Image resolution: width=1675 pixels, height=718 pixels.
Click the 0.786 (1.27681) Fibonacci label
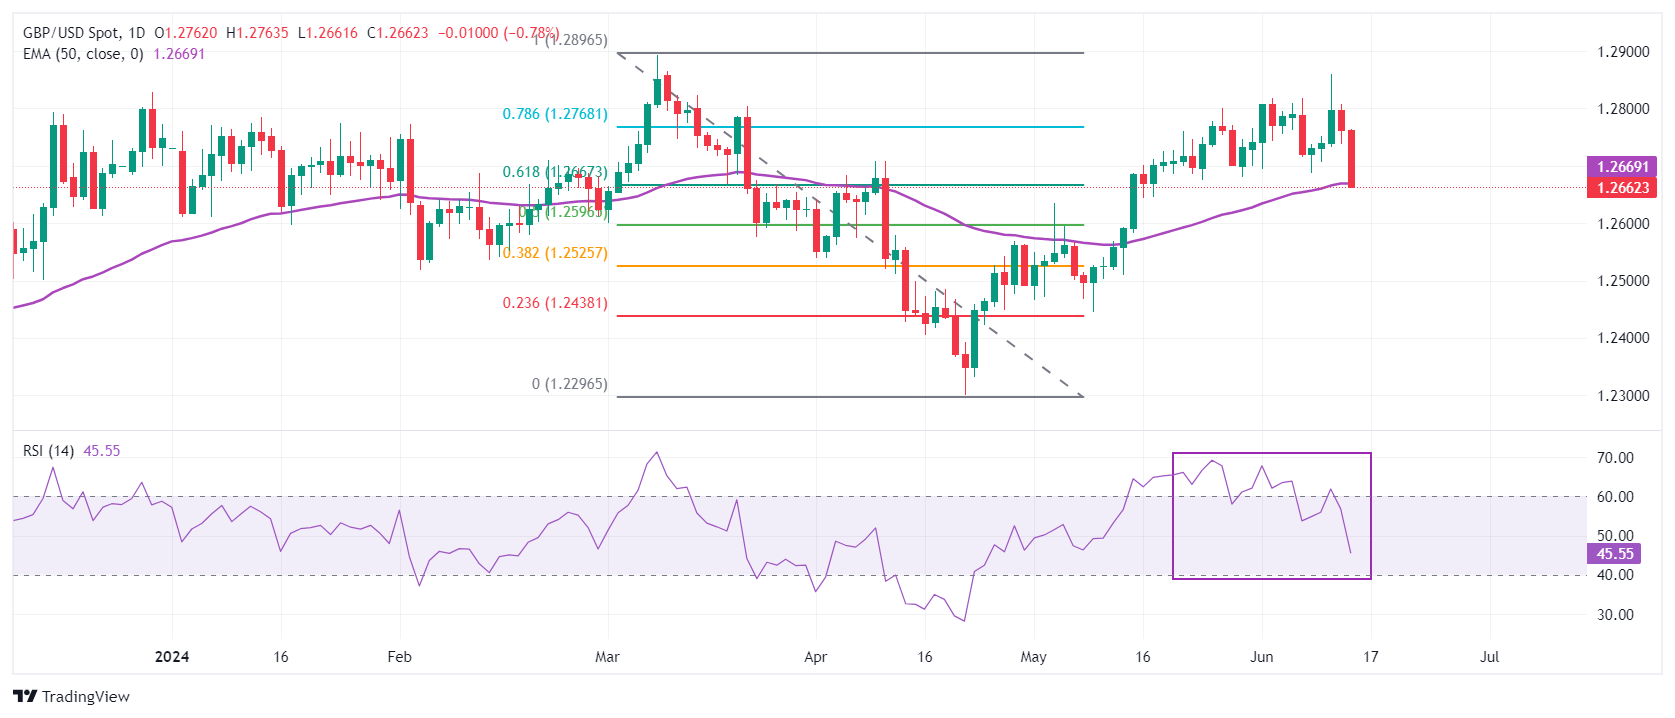click(555, 114)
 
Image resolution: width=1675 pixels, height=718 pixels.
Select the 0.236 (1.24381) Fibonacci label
click(555, 303)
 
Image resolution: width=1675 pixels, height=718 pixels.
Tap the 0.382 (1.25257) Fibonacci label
click(555, 253)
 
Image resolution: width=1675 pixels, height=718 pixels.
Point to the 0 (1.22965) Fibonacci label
click(569, 384)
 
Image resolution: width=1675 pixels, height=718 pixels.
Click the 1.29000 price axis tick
click(1623, 52)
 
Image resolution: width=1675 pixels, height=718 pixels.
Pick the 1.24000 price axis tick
click(1623, 338)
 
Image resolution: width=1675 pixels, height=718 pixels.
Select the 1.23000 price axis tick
click(1623, 396)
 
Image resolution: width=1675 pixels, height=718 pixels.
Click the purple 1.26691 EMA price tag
click(1622, 167)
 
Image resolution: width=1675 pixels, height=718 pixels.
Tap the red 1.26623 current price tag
click(1622, 188)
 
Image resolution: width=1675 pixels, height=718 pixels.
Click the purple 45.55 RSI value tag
click(1614, 554)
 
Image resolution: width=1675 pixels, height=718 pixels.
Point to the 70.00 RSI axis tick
click(1615, 458)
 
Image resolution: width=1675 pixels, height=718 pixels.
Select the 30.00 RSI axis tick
click(1615, 615)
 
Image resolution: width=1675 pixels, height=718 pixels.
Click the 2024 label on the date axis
click(172, 657)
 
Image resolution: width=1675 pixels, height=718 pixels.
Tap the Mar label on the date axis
click(607, 657)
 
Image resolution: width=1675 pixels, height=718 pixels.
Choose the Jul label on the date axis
click(1489, 657)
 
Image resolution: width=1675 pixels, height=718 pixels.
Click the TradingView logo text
click(85, 697)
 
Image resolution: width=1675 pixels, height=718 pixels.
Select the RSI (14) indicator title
click(48, 451)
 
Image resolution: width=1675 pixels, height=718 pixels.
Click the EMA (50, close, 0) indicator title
click(83, 54)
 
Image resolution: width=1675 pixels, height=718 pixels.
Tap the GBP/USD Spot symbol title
click(69, 33)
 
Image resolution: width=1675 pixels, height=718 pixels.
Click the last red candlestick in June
click(1352, 158)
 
